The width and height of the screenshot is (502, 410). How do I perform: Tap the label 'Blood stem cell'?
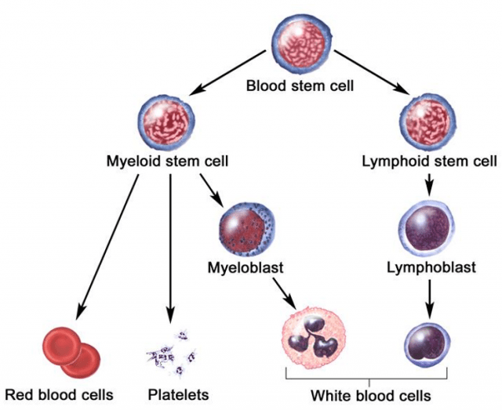click(x=300, y=85)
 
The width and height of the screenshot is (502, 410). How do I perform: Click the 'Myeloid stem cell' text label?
click(x=167, y=163)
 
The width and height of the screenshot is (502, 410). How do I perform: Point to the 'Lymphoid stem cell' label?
click(x=429, y=163)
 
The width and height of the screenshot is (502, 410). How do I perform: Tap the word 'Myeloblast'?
click(x=246, y=268)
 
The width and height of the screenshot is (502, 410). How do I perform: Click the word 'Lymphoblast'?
click(x=431, y=268)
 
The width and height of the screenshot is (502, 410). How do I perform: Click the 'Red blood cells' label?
click(x=60, y=394)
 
